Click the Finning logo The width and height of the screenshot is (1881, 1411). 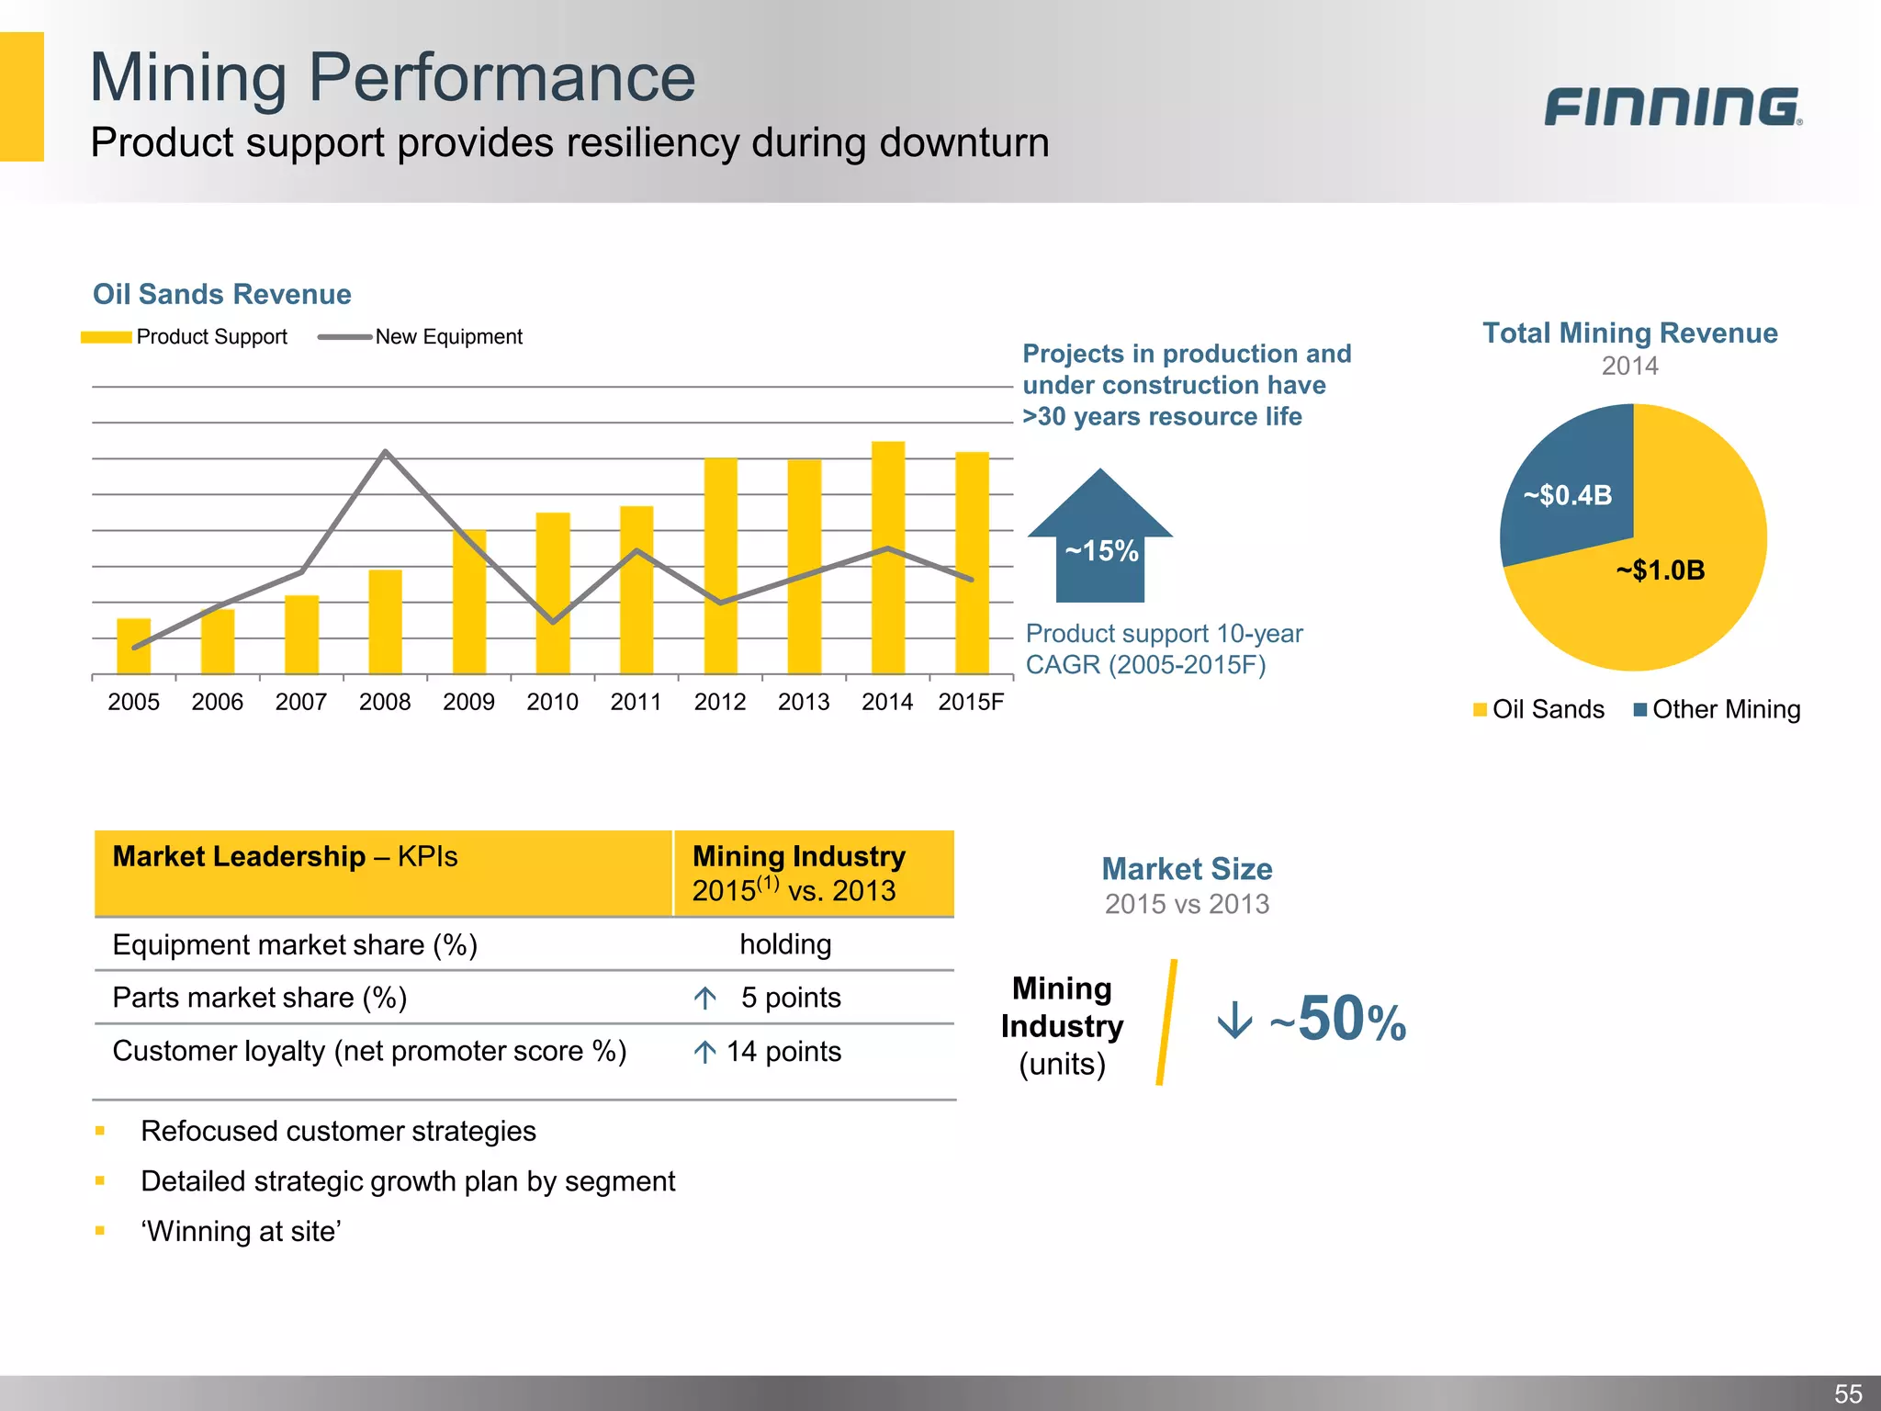(1672, 107)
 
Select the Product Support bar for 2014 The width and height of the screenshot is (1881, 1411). (887, 560)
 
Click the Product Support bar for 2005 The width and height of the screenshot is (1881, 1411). (134, 647)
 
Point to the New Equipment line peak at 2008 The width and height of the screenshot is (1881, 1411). (385, 452)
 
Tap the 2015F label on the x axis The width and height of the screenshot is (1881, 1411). (971, 703)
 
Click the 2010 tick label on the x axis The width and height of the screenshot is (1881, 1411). (552, 703)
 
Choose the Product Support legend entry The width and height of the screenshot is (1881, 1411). (185, 337)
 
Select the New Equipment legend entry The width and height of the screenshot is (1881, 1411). (421, 337)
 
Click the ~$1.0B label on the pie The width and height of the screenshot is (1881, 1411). (1660, 570)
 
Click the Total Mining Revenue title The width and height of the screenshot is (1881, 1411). (1629, 333)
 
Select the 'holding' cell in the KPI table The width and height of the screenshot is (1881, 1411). (785, 944)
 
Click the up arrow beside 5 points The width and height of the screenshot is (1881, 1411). (705, 998)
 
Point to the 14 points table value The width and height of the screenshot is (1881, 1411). (783, 1052)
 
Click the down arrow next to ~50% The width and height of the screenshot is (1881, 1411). (1234, 1021)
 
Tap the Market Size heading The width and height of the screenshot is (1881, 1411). (1187, 869)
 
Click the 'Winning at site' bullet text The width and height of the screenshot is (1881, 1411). (241, 1231)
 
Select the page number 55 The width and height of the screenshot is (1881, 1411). (1848, 1394)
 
